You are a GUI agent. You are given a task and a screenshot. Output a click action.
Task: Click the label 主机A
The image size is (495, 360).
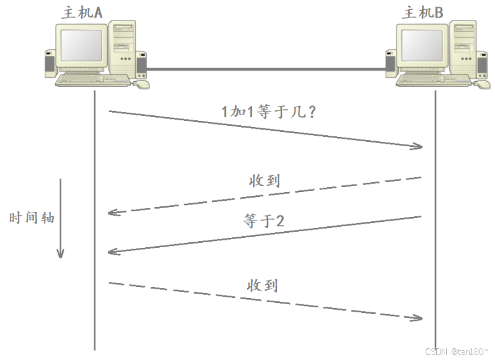81,12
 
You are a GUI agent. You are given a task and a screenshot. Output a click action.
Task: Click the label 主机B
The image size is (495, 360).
423,12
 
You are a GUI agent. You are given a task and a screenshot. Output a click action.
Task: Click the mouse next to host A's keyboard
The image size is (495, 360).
142,84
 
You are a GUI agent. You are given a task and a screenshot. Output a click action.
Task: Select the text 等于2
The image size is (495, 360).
264,221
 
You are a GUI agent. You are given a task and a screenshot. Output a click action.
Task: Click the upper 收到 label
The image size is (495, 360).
265,181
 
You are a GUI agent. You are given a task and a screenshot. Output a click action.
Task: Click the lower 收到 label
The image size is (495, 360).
263,286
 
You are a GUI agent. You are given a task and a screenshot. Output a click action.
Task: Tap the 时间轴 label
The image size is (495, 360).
32,218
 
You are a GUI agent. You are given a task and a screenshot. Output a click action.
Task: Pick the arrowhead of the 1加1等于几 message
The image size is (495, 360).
419,147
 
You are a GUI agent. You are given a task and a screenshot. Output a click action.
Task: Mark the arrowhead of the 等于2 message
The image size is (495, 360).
112,252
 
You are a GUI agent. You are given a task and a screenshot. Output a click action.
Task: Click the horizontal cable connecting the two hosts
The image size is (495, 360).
266,69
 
